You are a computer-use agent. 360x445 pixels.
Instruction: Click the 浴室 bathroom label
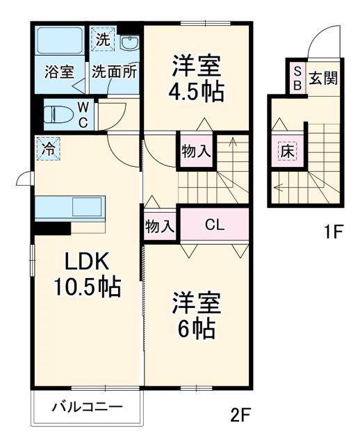click(x=58, y=72)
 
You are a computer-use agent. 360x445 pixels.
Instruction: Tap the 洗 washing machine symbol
click(x=103, y=40)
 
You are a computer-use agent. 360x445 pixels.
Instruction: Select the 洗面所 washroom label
click(x=114, y=72)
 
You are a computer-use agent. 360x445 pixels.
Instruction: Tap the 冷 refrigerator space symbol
click(x=48, y=149)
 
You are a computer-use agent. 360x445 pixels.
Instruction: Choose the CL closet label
click(x=214, y=225)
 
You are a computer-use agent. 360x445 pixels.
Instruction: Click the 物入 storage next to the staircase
click(x=196, y=151)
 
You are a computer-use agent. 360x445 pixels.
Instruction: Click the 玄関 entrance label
click(x=323, y=77)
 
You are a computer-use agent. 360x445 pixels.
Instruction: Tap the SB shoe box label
click(x=296, y=78)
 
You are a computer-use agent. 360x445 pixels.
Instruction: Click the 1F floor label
click(x=332, y=232)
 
